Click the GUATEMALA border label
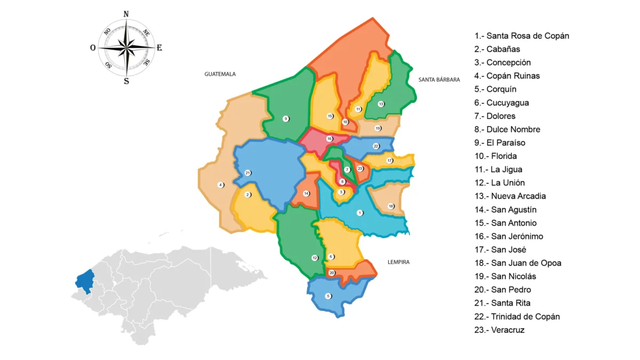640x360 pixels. pos(220,74)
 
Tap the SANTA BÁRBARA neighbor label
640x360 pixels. pos(439,79)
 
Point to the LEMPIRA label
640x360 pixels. pos(398,262)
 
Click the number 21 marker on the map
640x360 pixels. pos(247,173)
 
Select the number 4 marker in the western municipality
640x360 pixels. pos(221,185)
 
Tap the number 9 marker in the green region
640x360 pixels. pos(285,118)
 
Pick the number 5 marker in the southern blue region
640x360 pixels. pos(328,296)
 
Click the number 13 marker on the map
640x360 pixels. pos(381,104)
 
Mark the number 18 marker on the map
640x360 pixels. pos(390,206)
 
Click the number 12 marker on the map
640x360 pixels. pos(315,258)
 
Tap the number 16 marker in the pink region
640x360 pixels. pos(330,139)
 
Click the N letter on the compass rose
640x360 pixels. pos(126,14)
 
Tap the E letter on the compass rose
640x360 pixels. pos(159,48)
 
